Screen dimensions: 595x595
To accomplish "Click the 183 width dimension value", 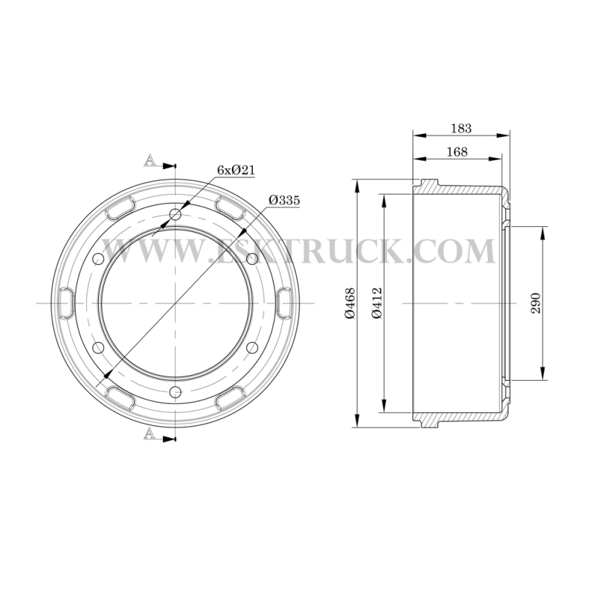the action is pyautogui.click(x=461, y=128).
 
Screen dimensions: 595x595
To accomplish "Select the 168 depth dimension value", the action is pyautogui.click(x=457, y=152).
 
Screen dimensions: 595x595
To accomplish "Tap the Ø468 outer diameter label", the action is pyautogui.click(x=350, y=303).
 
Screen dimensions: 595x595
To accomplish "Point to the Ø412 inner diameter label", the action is pyautogui.click(x=377, y=303).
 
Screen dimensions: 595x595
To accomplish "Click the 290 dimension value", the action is pyautogui.click(x=535, y=303).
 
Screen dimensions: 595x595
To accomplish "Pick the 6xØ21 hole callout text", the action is pyautogui.click(x=236, y=170).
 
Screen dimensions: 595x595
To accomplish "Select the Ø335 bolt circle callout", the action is pyautogui.click(x=284, y=200).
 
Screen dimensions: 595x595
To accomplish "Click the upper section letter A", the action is pyautogui.click(x=150, y=160).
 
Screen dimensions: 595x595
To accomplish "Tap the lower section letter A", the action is pyautogui.click(x=150, y=433).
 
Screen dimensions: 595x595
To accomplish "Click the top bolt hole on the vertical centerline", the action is pyautogui.click(x=176, y=215).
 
